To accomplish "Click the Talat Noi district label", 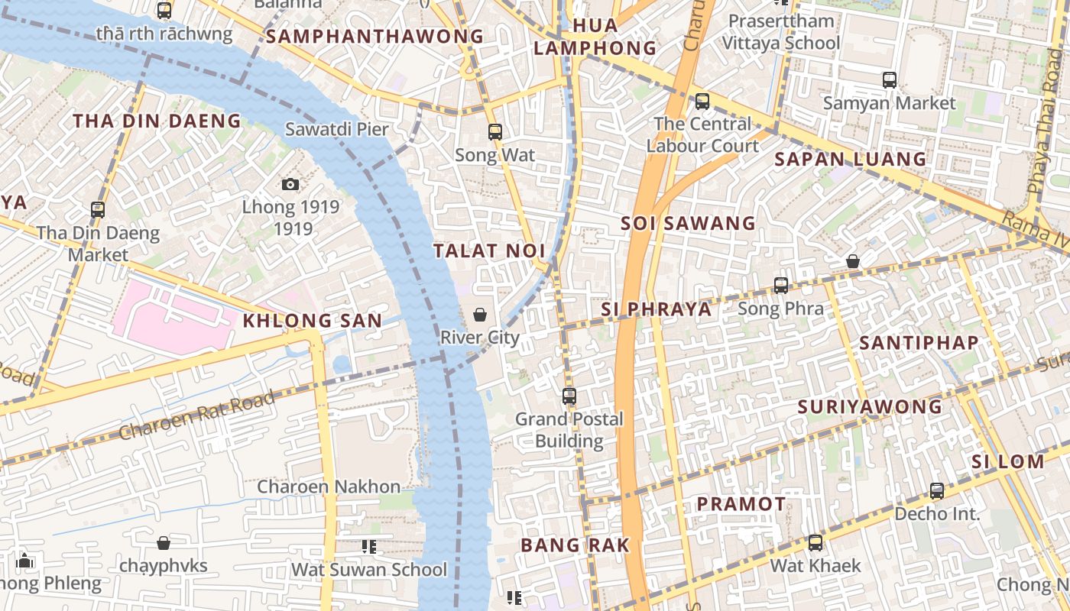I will [489, 251].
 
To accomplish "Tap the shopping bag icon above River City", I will [480, 314].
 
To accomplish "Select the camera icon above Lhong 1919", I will [290, 184].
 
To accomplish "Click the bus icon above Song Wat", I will [494, 132].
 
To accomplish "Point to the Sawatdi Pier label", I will [337, 129].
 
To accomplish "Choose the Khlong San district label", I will [312, 321].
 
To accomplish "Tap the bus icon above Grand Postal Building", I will [569, 396].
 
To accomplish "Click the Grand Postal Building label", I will [569, 430].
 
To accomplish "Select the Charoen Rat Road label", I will [196, 415].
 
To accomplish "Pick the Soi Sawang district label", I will [688, 224].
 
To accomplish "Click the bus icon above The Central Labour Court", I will [702, 101].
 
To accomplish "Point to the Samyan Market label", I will [890, 103].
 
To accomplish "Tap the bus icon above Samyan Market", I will [889, 79].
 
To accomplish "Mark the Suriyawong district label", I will [870, 407].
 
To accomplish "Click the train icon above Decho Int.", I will [937, 490].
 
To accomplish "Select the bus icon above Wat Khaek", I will [815, 543].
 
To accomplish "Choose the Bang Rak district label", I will [575, 545].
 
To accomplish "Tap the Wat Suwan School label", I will [369, 570].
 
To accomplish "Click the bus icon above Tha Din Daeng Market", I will [98, 209].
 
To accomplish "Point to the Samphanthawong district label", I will [375, 37].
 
